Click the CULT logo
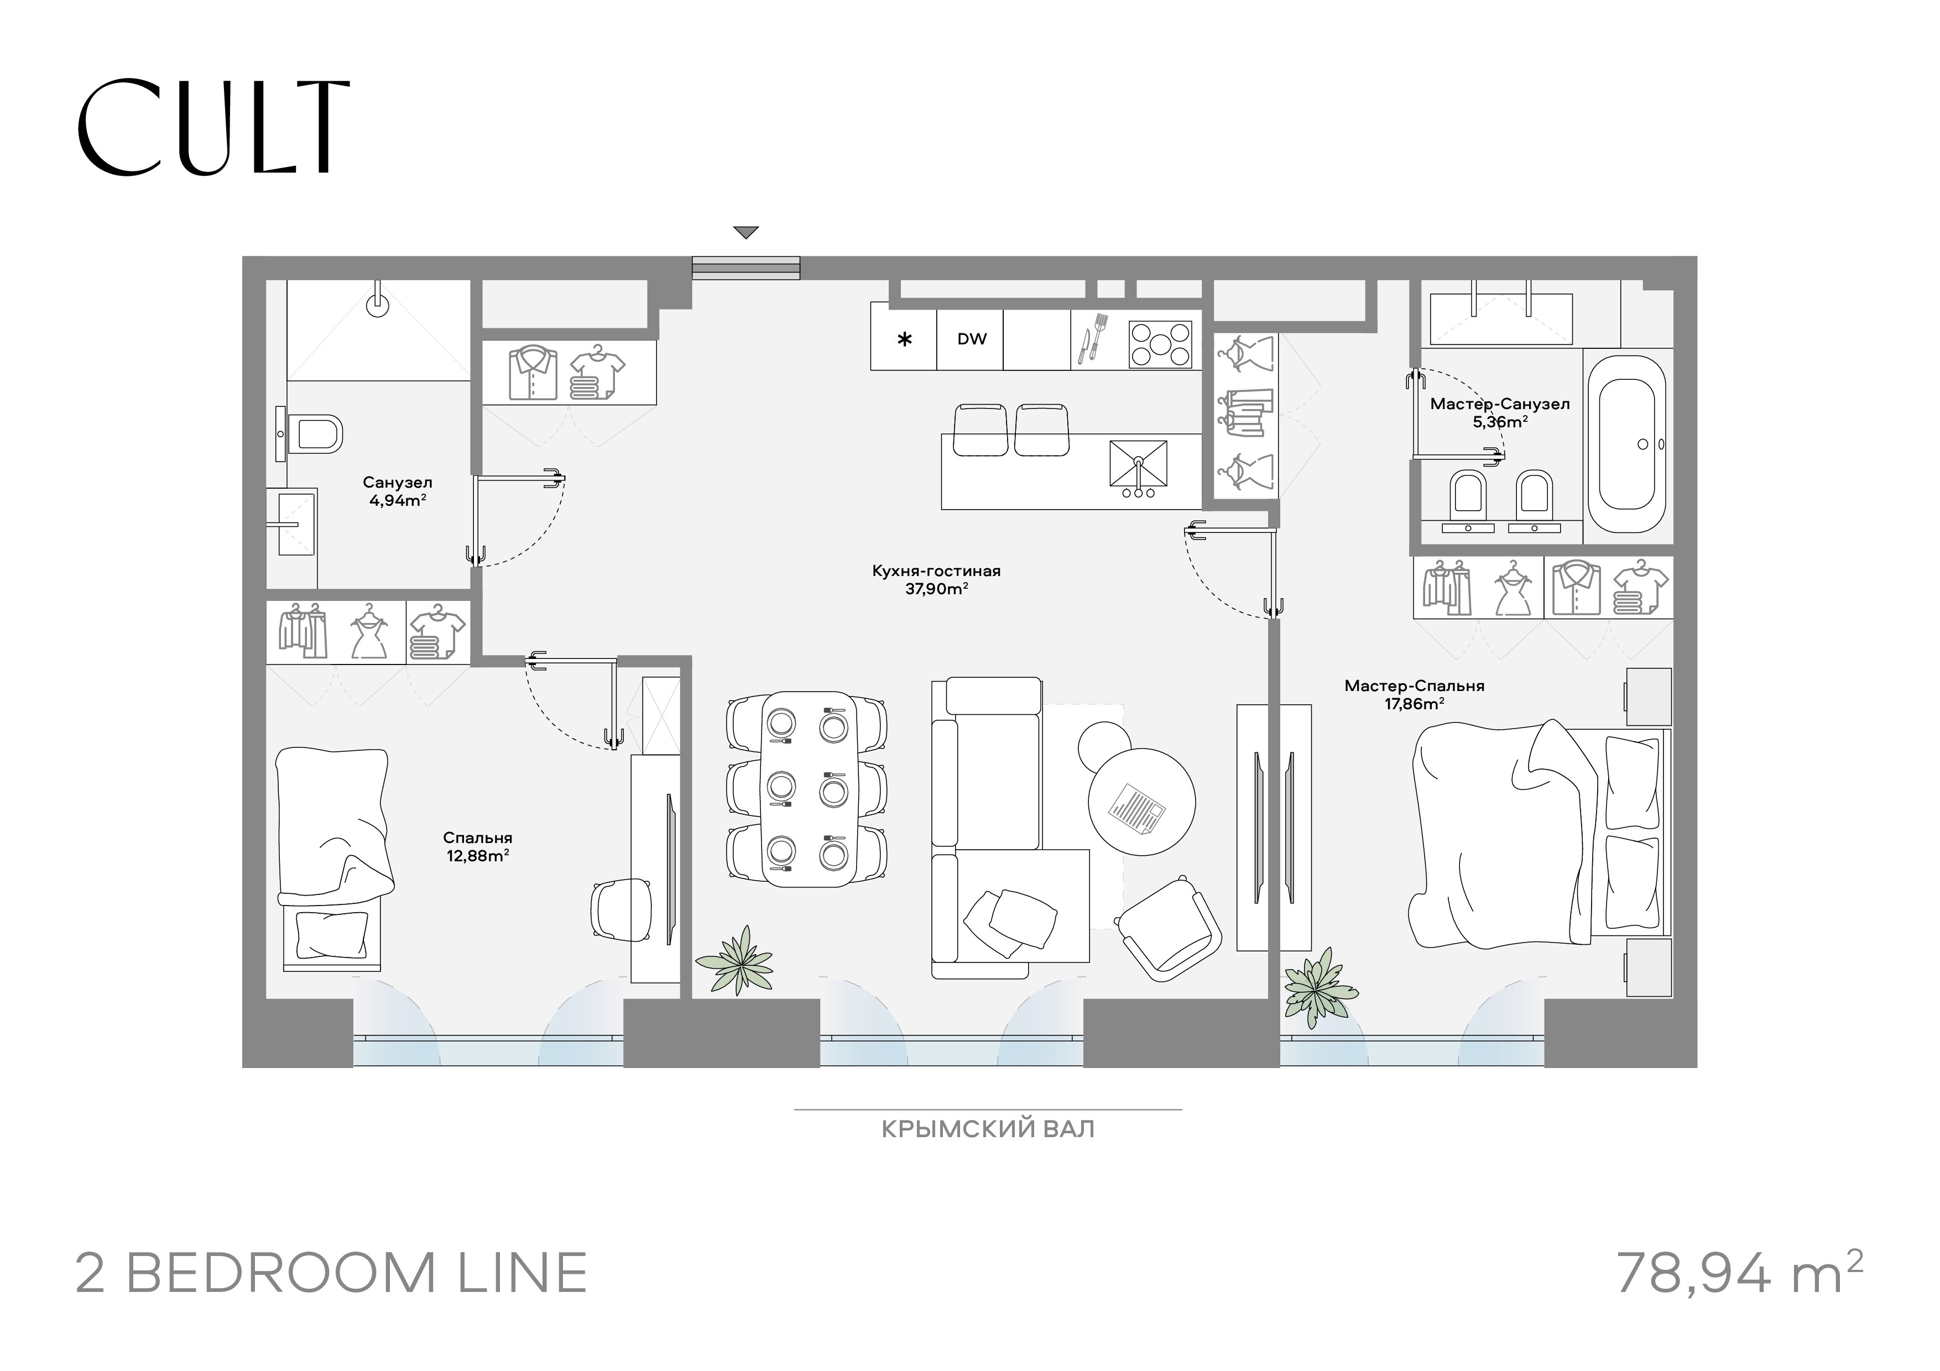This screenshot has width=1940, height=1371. coord(214,128)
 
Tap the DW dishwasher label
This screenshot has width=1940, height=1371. coord(972,339)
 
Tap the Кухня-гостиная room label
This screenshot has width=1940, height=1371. coord(936,571)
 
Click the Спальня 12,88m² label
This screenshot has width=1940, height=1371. coord(477,846)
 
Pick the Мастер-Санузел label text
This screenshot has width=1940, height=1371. coord(1500,404)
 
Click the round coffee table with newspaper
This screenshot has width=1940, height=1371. coord(1141,802)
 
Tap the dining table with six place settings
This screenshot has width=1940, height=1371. coord(809,789)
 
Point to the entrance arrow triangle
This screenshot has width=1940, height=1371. coord(746,232)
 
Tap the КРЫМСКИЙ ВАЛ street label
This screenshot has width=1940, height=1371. coord(988,1129)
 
